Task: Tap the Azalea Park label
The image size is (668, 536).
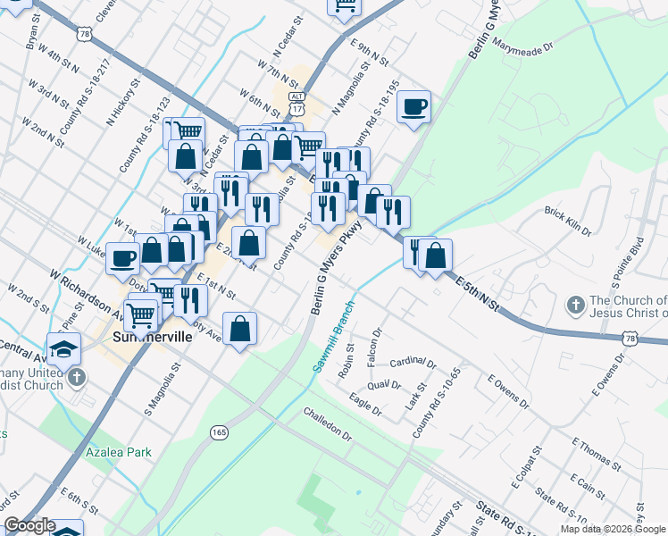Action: tap(119, 452)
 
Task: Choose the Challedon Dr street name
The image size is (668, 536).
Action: tap(327, 421)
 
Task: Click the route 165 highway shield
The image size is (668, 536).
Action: tap(219, 432)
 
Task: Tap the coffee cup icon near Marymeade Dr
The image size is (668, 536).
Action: tap(414, 107)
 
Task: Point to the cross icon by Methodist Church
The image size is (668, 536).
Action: tap(77, 377)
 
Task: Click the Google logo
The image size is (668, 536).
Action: tap(29, 525)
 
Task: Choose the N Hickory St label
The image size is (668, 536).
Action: tap(124, 102)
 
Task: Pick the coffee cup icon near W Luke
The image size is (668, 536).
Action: tap(123, 259)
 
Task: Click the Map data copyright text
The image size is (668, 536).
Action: tap(613, 529)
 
